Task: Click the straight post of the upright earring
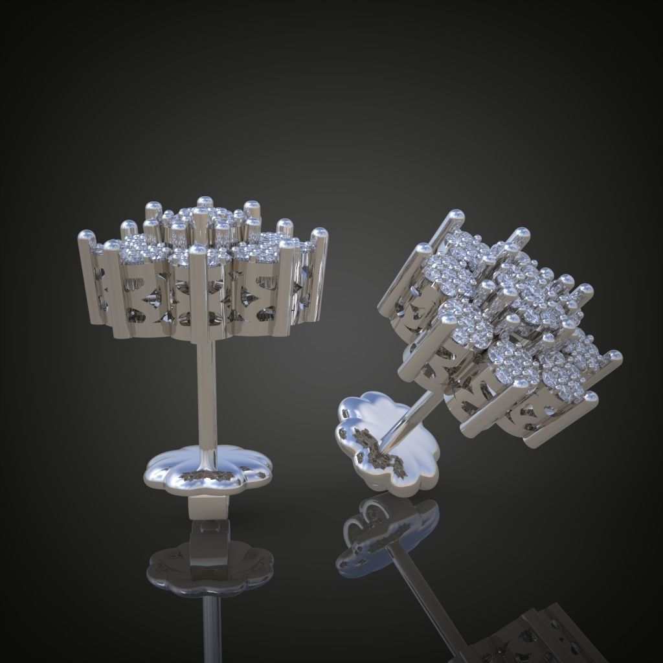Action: pyautogui.click(x=208, y=395)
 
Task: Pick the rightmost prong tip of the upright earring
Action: pyautogui.click(x=319, y=234)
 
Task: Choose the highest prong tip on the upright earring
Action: pyautogui.click(x=204, y=201)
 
